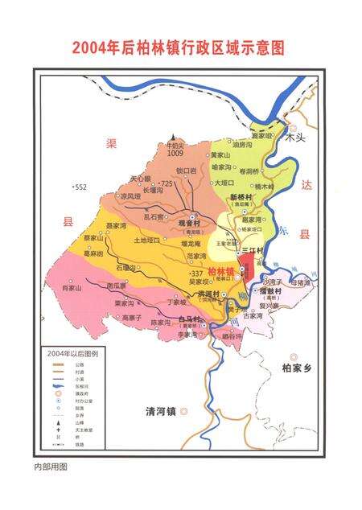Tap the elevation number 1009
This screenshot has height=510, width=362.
175,153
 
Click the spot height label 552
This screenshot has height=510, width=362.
79,187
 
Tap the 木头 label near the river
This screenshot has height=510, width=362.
297,138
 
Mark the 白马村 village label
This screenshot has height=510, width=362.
190,320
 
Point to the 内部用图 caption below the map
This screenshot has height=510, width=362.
51,466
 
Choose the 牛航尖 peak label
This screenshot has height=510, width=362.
175,145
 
